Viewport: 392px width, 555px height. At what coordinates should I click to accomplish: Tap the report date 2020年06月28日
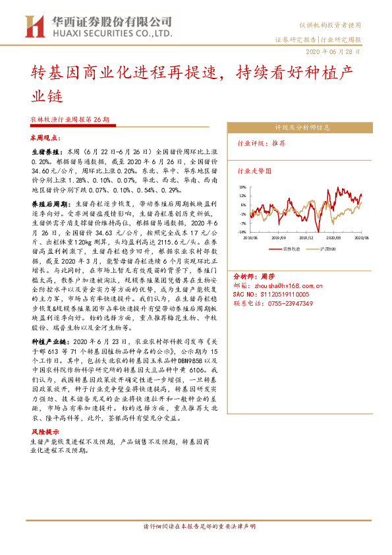click(333, 51)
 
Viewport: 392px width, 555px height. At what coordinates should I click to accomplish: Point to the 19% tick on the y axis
click(243, 187)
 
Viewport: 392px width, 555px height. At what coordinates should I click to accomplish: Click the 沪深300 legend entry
click(329, 248)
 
